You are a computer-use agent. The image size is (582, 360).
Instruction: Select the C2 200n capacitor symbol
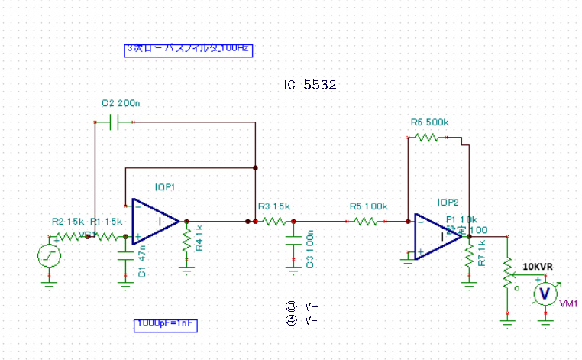114,121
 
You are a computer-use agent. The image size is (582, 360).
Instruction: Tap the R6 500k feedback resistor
425,138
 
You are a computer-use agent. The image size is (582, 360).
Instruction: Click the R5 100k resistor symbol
364,222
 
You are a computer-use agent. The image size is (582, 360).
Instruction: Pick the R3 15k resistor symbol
273,222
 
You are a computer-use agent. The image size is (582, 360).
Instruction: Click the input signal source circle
50,255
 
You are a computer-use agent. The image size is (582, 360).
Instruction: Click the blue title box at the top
189,49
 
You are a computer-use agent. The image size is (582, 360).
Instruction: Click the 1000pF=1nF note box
166,324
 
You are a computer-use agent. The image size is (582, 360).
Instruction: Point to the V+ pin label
310,306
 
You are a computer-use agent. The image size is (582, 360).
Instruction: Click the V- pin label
310,320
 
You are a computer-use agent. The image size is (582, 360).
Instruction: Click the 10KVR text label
538,267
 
